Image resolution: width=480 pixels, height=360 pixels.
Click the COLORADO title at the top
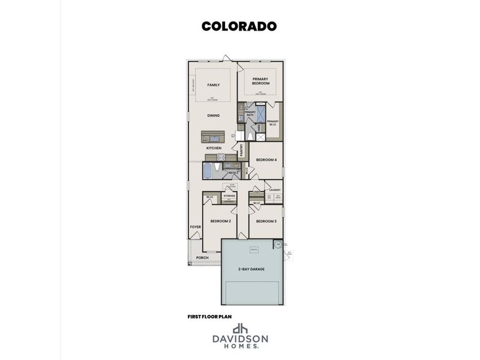click(239, 26)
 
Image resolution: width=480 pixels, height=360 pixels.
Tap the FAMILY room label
click(213, 85)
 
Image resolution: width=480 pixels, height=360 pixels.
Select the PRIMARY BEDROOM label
click(260, 81)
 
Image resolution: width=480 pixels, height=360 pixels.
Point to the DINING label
click(213, 115)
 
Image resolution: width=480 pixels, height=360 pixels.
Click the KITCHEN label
click(214, 148)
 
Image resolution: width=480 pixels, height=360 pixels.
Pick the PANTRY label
click(241, 149)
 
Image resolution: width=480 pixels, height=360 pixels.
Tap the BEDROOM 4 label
click(266, 160)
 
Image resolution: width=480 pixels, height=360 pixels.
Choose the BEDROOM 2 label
click(220, 221)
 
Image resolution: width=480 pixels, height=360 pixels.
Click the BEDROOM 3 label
click(266, 221)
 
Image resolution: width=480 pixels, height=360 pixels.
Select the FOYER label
click(196, 227)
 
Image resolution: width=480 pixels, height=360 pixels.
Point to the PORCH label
click(202, 258)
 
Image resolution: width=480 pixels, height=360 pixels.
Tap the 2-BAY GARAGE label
click(252, 269)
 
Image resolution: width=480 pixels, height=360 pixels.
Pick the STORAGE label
click(229, 196)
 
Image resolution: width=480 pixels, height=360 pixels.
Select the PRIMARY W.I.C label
click(273, 122)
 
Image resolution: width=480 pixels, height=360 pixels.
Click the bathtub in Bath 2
click(208, 171)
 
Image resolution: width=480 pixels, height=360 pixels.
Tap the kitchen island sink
click(209, 135)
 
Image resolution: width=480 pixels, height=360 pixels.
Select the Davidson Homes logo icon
click(240, 328)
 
